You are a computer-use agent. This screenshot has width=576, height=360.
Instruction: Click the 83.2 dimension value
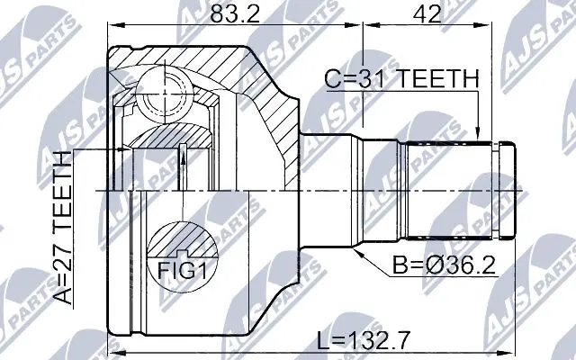[233, 15]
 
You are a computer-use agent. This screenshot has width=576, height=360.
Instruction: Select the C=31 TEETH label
[400, 80]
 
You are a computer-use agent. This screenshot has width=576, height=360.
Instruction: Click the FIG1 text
[183, 268]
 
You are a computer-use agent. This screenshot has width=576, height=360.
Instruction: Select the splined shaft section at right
[450, 190]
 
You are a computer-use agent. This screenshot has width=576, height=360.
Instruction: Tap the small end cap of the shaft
[507, 190]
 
